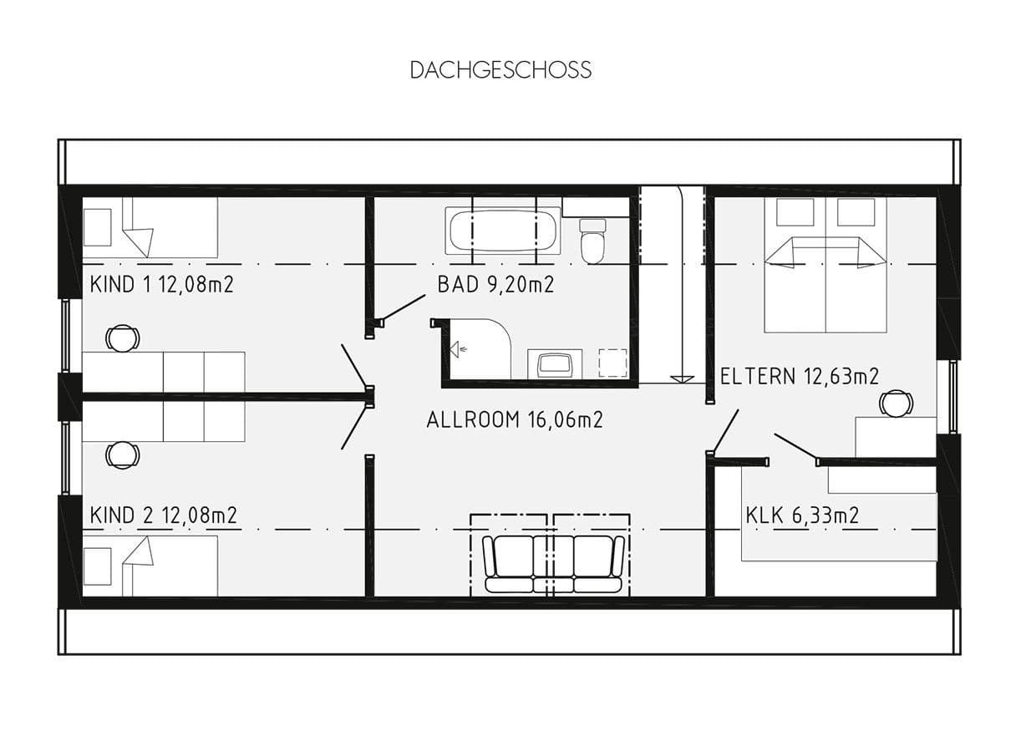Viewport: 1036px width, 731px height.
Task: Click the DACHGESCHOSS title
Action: coord(500,70)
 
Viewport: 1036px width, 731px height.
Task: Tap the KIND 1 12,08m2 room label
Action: coord(161,285)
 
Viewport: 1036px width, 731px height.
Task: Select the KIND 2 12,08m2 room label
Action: coord(163,515)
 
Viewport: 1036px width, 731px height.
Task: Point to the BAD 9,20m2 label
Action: coord(495,285)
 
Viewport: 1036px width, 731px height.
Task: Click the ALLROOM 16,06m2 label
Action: coord(514,419)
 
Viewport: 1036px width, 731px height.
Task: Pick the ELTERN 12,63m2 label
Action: coord(800,376)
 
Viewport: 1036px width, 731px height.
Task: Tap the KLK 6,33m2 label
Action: coord(802,515)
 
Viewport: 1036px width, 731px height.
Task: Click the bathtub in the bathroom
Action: coord(503,231)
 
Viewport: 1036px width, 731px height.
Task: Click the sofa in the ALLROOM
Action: coord(554,564)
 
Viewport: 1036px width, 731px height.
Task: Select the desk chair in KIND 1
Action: coord(123,338)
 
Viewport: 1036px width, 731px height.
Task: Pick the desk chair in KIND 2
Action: coord(123,455)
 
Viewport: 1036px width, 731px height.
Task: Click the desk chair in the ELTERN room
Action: coord(896,404)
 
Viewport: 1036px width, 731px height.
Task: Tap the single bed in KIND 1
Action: coord(150,227)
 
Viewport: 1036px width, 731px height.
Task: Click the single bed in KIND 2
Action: coord(150,566)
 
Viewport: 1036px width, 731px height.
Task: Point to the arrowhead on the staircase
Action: coord(683,378)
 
